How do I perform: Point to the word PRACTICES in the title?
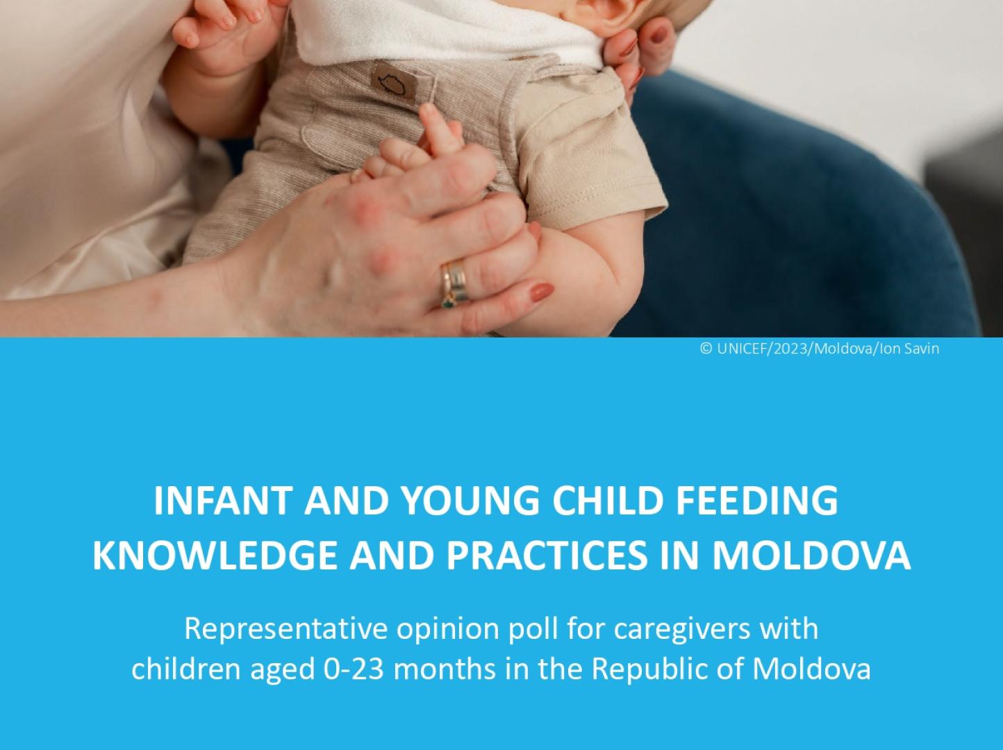(547, 556)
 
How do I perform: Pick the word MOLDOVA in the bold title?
(811, 556)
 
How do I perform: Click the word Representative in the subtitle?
(286, 629)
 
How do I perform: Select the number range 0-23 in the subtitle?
(354, 669)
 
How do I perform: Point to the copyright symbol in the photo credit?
(706, 349)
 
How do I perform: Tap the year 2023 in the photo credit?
(790, 349)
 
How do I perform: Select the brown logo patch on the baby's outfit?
(393, 82)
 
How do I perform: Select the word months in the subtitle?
(444, 669)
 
